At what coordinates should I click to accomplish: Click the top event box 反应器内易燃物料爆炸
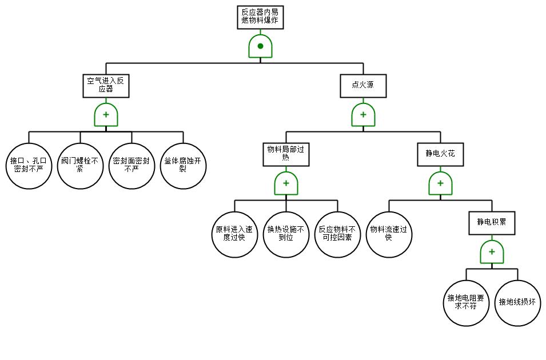tap(260, 17)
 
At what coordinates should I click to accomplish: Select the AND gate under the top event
tap(260, 46)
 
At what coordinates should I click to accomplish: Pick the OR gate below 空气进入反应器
tap(106, 115)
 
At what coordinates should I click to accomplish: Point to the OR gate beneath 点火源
tap(363, 115)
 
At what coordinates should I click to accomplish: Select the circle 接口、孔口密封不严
tap(29, 166)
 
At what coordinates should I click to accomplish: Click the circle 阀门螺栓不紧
tap(80, 166)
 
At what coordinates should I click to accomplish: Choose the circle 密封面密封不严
tap(131, 166)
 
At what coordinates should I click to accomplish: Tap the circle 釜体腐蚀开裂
tap(183, 166)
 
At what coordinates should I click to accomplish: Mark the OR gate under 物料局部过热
tap(286, 183)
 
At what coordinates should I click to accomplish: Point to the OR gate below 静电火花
tap(440, 183)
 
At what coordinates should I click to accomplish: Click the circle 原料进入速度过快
tap(234, 234)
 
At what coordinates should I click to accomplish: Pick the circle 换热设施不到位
tap(286, 234)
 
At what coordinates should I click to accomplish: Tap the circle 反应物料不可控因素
tap(337, 234)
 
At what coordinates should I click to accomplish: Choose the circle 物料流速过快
tap(389, 234)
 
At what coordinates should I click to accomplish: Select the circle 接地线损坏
tap(517, 303)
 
